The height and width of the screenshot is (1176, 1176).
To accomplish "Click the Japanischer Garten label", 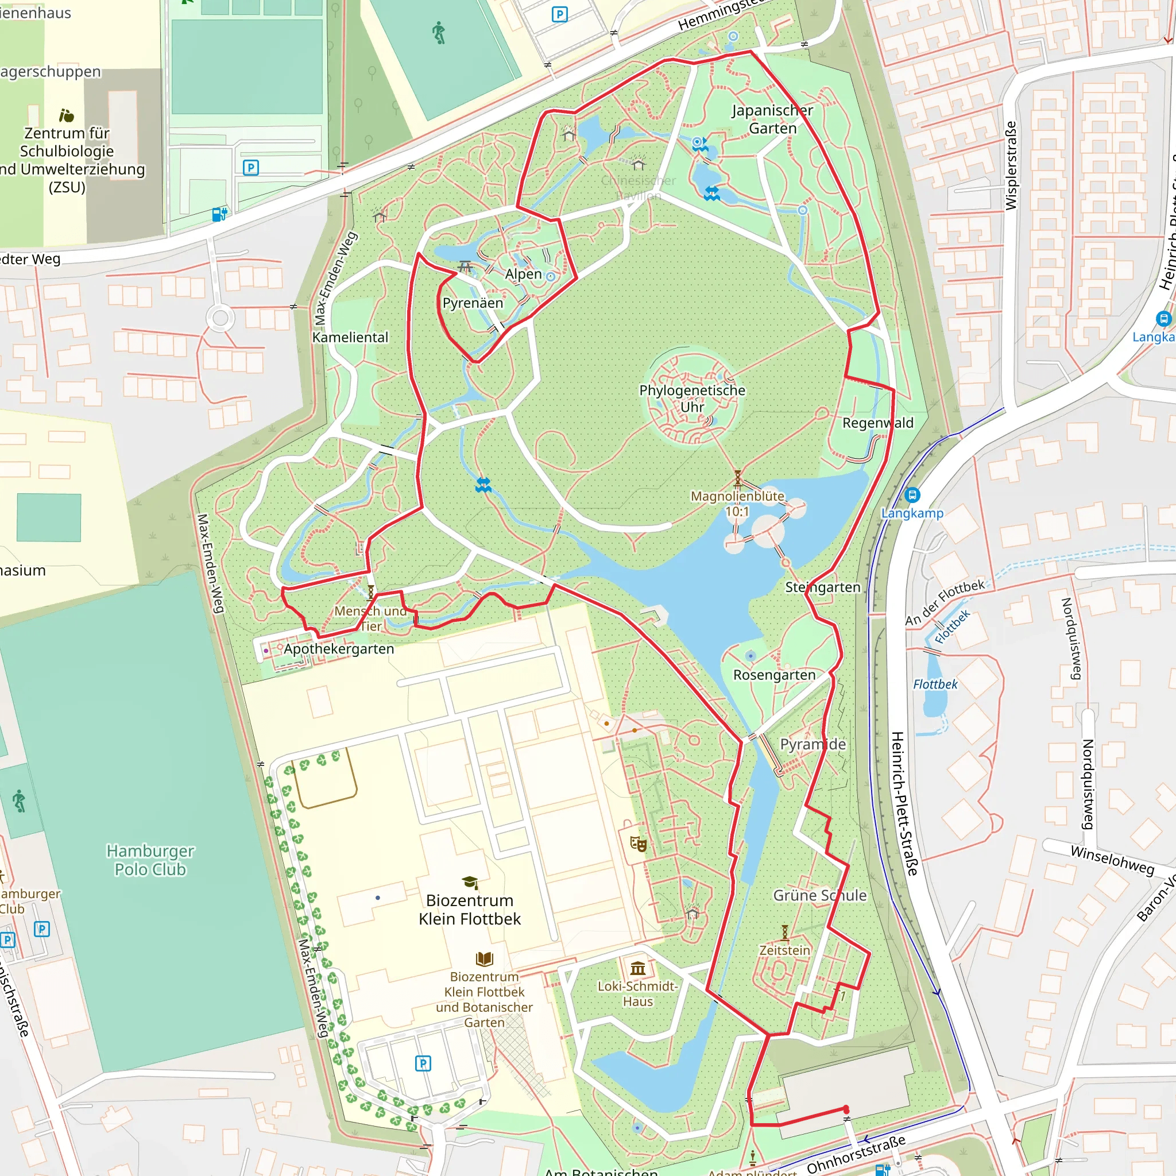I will point(772,119).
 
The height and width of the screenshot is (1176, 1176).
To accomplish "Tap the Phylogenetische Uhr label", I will point(692,399).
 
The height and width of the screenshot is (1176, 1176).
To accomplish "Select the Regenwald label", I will point(878,423).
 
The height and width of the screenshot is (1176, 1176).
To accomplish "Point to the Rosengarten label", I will point(774,675).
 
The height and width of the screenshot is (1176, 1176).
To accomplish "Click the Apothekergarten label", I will point(338,649).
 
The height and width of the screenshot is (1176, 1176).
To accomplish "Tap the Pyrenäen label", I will point(473,303).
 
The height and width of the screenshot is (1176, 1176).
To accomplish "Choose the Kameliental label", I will point(350,337).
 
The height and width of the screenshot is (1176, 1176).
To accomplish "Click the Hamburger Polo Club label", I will point(150,860).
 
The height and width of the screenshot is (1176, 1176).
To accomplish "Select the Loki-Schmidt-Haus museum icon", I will point(638,967).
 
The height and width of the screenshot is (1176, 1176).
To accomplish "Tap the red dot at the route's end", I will point(846,1109).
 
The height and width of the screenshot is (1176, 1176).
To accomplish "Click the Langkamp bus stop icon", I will point(912,495).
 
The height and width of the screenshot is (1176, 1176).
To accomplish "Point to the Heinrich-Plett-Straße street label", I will point(904,803).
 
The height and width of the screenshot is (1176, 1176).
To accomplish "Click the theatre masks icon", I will point(638,843).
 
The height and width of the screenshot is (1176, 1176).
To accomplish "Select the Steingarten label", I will point(822,587).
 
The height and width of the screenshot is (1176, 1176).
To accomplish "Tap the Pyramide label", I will point(813,744).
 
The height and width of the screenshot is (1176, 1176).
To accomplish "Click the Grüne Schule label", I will point(819,895).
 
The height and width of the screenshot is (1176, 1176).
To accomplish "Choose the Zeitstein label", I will point(784,950).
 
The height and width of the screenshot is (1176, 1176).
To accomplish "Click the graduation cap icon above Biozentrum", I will point(469,882).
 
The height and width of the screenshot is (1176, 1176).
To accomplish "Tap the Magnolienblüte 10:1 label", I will point(737,504).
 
